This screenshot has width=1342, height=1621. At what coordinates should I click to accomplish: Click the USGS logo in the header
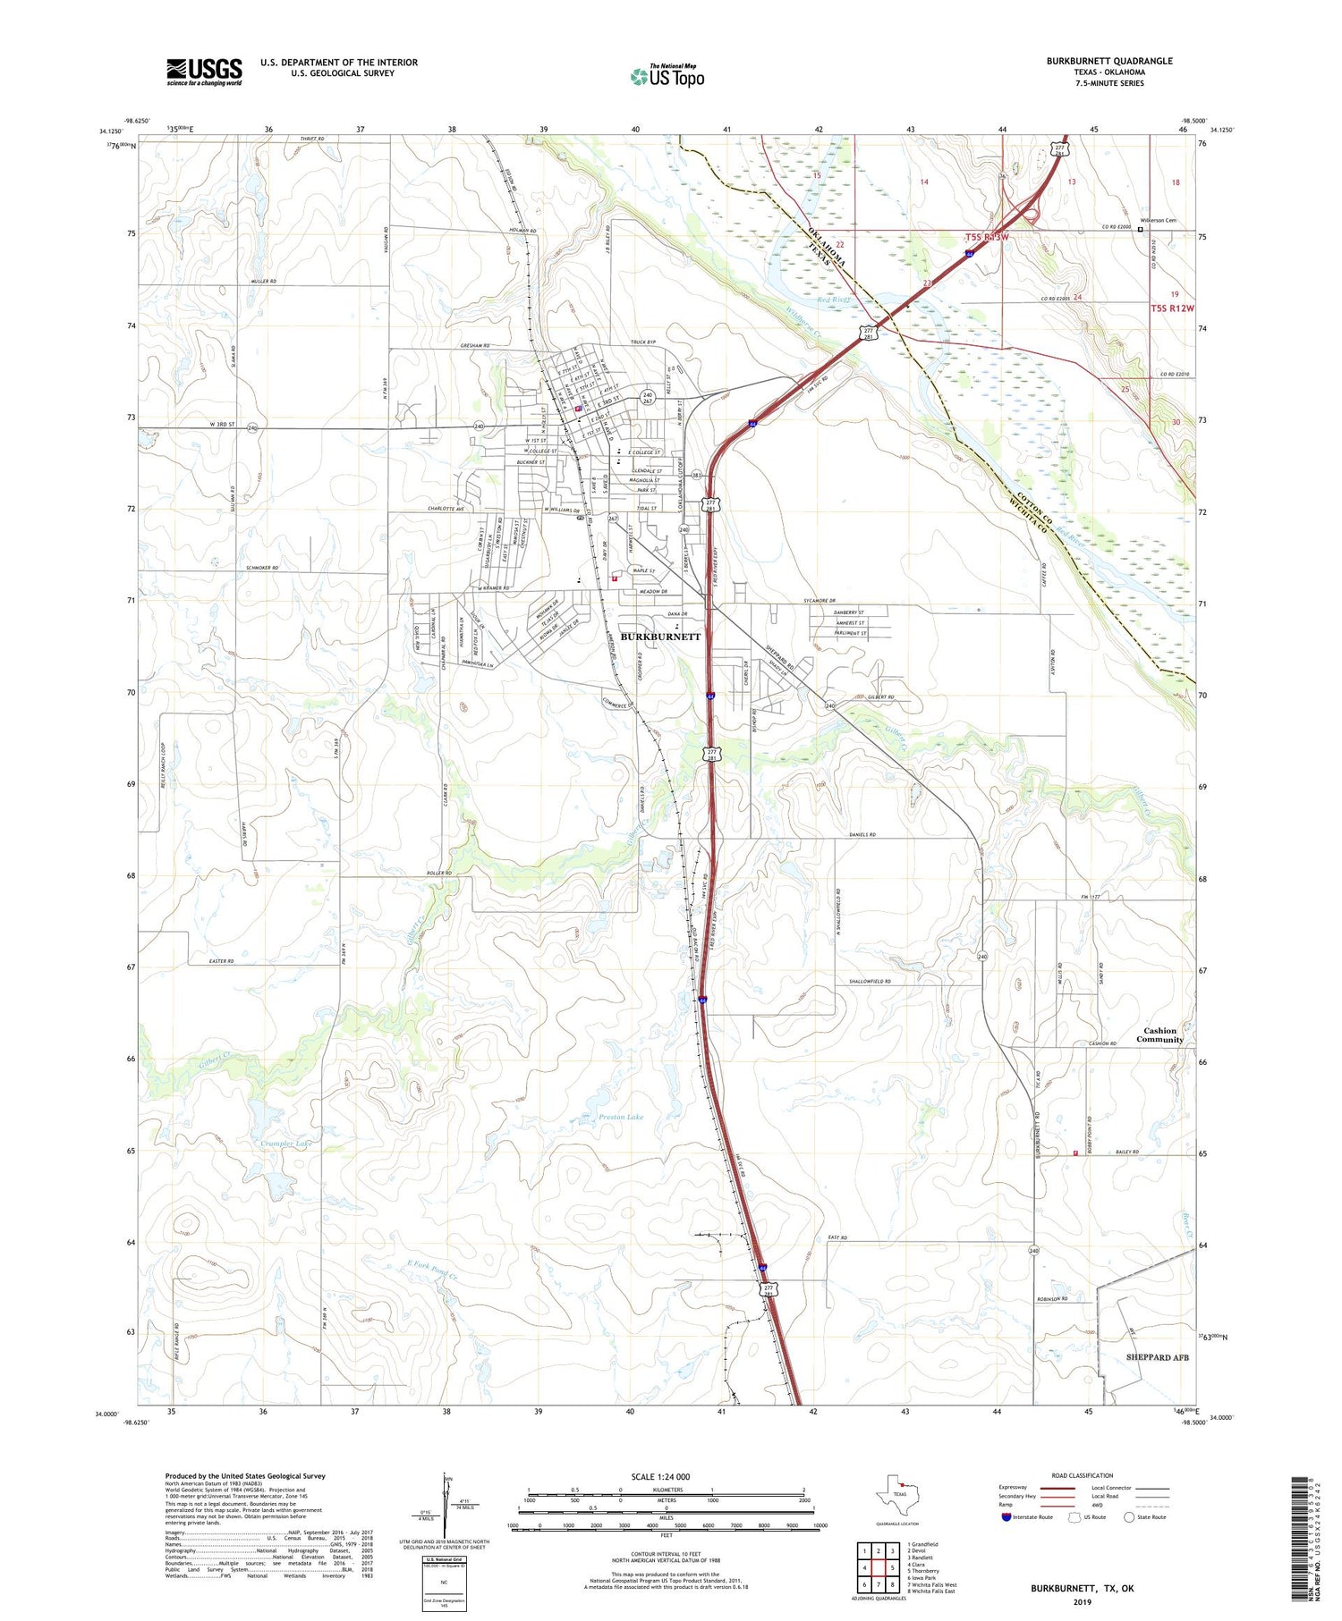(204, 72)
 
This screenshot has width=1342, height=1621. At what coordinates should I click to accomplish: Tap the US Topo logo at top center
(667, 77)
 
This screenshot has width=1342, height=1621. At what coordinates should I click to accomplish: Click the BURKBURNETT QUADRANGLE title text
(1109, 61)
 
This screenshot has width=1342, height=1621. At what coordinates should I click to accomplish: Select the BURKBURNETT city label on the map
(660, 637)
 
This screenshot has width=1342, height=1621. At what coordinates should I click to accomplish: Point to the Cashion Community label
(1160, 1034)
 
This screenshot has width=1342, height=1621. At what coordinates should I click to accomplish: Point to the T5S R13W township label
(987, 237)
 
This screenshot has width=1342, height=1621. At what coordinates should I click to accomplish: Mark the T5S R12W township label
(1172, 308)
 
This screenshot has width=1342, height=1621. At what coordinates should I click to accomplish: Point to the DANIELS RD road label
(862, 835)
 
